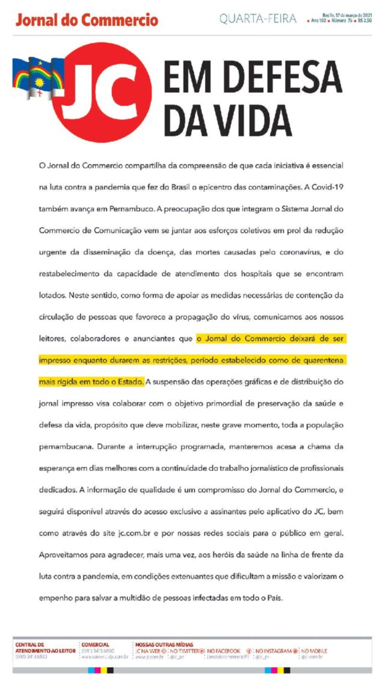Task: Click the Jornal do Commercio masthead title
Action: [87, 20]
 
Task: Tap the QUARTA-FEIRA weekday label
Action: [258, 19]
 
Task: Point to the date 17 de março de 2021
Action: [352, 15]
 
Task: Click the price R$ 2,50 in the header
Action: [365, 21]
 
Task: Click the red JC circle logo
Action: [102, 92]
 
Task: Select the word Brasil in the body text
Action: [180, 187]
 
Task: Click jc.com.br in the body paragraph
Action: [134, 533]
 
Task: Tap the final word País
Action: [274, 598]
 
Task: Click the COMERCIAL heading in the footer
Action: [95, 645]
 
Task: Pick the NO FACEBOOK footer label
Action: [223, 651]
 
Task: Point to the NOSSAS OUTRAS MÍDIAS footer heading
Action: [164, 645]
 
